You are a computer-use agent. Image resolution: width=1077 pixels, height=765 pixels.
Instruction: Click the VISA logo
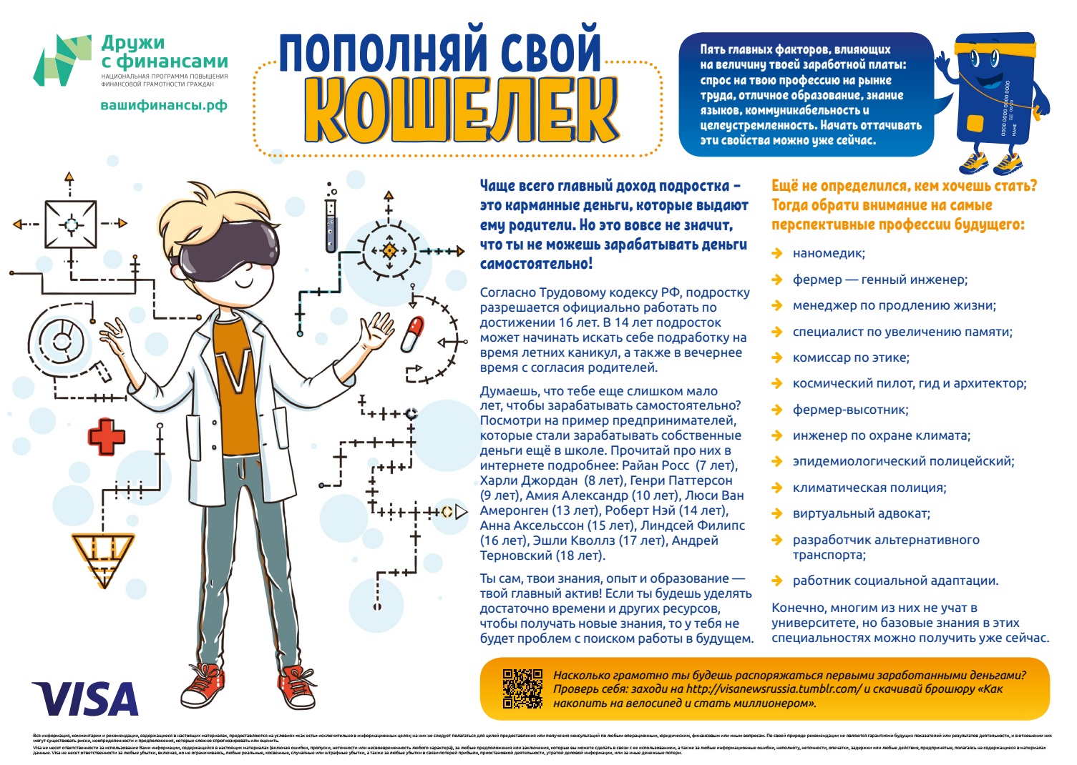pos(84,699)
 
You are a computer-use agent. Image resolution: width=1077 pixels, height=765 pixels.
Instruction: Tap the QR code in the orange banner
pos(522,688)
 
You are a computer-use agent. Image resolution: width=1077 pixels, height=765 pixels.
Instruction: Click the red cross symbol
pos(106,436)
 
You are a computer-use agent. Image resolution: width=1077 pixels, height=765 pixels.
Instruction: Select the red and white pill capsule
pos(412,334)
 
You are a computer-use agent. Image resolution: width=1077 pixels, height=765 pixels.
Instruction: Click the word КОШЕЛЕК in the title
pos(462,111)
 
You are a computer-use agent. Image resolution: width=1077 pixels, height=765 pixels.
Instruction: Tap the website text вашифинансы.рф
pos(164,105)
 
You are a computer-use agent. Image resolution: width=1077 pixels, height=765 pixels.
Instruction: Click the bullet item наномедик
pos(828,253)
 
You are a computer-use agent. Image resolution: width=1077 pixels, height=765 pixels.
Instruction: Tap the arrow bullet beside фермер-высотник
pos(777,410)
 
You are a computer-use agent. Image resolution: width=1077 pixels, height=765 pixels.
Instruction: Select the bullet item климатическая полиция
pos(869,488)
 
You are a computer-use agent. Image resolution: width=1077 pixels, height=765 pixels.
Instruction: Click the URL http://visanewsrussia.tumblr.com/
pos(773,689)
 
